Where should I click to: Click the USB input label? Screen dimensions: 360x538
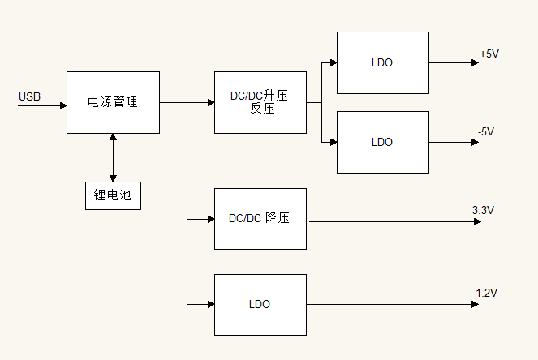[x=29, y=97]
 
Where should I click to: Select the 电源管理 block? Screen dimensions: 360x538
[x=113, y=102]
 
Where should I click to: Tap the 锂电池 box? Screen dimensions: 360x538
[x=113, y=195]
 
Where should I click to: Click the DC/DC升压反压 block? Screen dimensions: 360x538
[x=260, y=102]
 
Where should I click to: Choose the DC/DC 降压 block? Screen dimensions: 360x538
[x=260, y=219]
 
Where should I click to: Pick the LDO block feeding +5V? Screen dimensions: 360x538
[x=382, y=62]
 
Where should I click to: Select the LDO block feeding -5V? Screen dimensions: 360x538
[x=382, y=142]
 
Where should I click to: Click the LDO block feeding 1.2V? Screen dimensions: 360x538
[x=260, y=304]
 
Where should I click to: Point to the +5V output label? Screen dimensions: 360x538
[x=489, y=54]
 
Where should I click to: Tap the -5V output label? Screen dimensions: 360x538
[x=487, y=131]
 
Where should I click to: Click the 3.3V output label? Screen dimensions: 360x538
[x=483, y=210]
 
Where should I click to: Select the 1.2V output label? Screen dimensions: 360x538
[x=486, y=293]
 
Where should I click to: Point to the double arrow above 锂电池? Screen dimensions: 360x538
[x=113, y=157]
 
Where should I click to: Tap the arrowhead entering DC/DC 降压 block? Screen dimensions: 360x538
[x=210, y=219]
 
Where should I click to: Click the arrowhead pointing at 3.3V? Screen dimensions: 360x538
[x=477, y=221]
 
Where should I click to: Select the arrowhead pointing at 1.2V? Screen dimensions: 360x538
[x=476, y=304]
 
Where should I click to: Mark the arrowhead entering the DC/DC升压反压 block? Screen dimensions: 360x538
[x=210, y=102]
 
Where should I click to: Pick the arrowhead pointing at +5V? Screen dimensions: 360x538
[x=476, y=62]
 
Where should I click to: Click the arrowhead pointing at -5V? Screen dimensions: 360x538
[x=476, y=142]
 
